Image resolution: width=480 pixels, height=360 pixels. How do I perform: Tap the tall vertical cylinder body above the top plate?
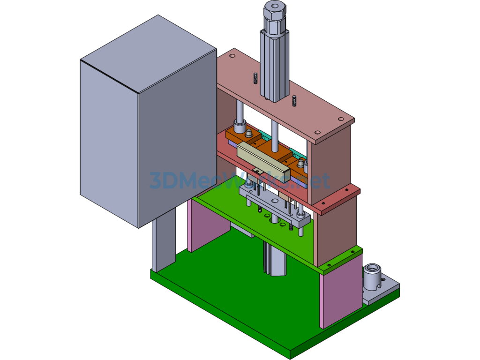click(x=274, y=66)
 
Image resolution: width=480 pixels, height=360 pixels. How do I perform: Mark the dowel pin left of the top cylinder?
click(x=255, y=78)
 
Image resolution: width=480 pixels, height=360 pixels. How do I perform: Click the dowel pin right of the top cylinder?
click(x=294, y=101)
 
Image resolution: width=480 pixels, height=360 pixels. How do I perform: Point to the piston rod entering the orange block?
click(x=273, y=131)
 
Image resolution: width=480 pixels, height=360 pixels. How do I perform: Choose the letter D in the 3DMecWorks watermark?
click(x=165, y=180)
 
